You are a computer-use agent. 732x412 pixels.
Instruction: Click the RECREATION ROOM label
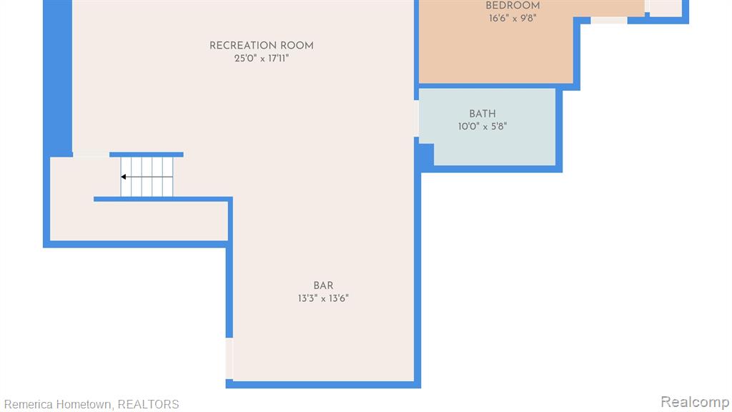tap(262, 46)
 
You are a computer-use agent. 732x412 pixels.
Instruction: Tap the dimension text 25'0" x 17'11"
tap(262, 59)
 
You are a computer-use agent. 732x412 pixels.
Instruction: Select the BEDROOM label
tap(513, 6)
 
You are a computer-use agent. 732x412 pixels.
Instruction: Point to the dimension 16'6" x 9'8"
tap(513, 18)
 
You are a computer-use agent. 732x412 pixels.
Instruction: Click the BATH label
tap(483, 114)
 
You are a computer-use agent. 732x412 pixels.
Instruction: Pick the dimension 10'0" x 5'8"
tap(483, 127)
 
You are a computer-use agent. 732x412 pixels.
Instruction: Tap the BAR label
tap(324, 286)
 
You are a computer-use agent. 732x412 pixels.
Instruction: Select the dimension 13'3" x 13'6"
tap(324, 298)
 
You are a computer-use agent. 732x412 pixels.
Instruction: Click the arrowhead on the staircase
tap(123, 177)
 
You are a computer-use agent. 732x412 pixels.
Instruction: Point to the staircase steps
tap(147, 177)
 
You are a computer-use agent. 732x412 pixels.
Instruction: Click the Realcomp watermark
tap(695, 402)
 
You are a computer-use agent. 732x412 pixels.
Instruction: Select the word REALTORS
tap(148, 405)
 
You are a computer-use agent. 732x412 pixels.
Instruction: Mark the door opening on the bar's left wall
tap(229, 359)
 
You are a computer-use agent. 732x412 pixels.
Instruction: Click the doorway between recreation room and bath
tap(417, 119)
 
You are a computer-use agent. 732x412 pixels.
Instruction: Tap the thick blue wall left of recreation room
tap(58, 77)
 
